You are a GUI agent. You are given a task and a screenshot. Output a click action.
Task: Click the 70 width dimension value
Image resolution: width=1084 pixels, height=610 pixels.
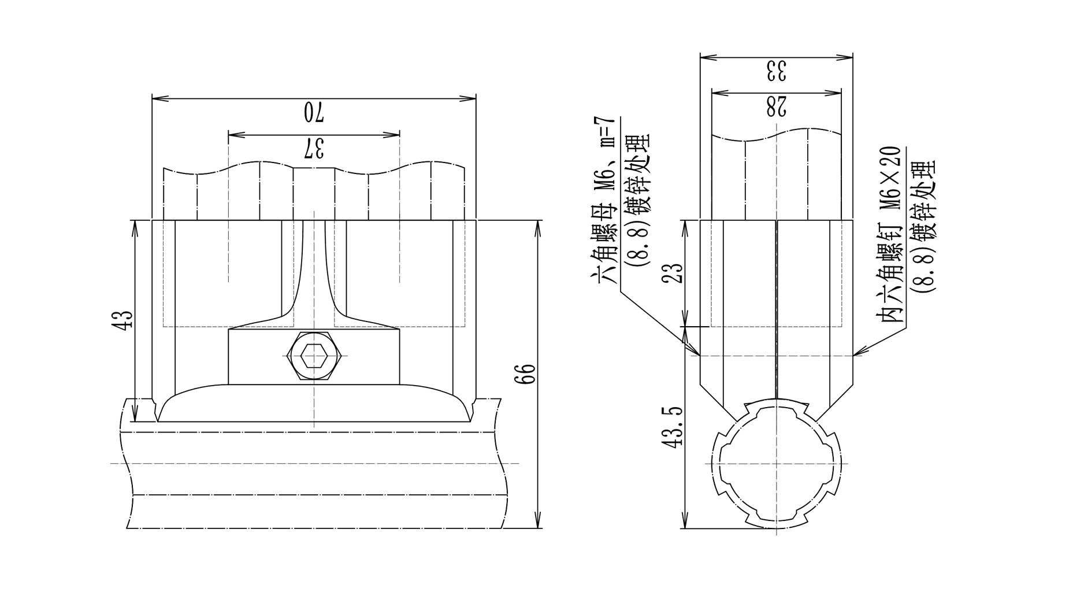pyautogui.click(x=314, y=112)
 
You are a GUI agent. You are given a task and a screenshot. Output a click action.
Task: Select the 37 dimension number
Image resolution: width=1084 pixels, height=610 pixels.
pyautogui.click(x=314, y=149)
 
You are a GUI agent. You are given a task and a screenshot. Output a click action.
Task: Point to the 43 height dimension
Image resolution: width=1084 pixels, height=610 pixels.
pyautogui.click(x=122, y=320)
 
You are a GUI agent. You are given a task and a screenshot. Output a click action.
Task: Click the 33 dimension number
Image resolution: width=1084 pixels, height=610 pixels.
pyautogui.click(x=776, y=71)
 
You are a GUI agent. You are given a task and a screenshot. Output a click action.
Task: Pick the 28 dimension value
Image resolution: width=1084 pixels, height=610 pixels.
pyautogui.click(x=776, y=106)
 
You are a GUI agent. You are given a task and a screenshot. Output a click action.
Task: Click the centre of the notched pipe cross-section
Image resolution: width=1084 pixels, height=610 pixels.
pyautogui.click(x=776, y=463)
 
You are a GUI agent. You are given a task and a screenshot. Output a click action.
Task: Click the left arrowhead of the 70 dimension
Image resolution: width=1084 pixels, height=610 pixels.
pyautogui.click(x=156, y=98)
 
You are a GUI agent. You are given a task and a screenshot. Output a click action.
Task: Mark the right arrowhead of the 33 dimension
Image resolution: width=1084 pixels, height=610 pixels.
pyautogui.click(x=849, y=57)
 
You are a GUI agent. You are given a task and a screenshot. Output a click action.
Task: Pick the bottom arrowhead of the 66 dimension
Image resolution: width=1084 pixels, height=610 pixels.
pyautogui.click(x=538, y=523)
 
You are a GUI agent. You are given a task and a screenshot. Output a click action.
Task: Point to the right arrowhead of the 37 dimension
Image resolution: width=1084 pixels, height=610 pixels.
pyautogui.click(x=396, y=135)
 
